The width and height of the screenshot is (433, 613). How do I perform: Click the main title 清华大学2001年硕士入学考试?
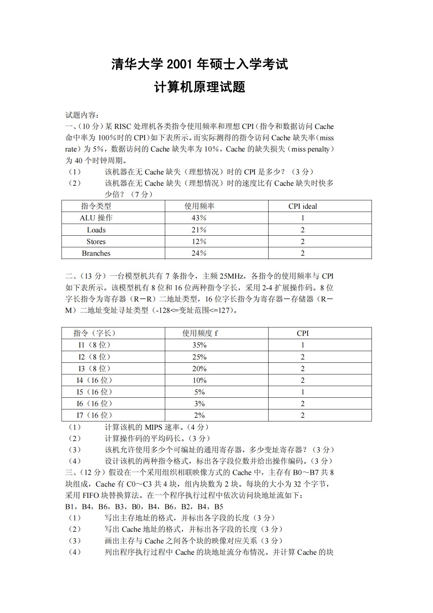click(x=199, y=64)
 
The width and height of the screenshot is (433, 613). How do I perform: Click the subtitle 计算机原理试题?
click(x=200, y=87)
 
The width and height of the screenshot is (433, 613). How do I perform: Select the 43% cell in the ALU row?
click(x=199, y=218)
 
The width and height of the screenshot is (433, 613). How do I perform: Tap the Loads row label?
click(x=96, y=230)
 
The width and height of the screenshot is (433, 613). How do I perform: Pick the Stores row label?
click(x=96, y=241)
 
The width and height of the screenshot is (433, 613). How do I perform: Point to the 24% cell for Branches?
click(x=199, y=253)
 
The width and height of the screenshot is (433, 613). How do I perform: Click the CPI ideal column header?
click(x=302, y=206)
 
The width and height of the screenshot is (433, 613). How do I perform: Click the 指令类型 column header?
click(x=96, y=206)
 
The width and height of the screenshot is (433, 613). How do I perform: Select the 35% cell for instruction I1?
click(x=199, y=345)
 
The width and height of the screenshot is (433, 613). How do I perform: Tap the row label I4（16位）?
click(x=94, y=380)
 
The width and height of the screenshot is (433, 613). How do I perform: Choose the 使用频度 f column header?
click(x=200, y=333)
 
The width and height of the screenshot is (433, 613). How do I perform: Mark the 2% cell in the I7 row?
click(x=199, y=415)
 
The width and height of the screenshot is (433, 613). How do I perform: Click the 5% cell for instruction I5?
click(x=199, y=392)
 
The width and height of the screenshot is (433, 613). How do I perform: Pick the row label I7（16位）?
click(x=94, y=415)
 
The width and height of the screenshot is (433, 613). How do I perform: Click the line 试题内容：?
click(x=82, y=115)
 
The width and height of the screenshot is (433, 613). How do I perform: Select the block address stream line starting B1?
click(x=144, y=507)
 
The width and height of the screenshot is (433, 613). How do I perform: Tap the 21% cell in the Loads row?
click(x=199, y=230)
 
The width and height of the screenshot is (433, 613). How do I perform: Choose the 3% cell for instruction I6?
click(x=199, y=404)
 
